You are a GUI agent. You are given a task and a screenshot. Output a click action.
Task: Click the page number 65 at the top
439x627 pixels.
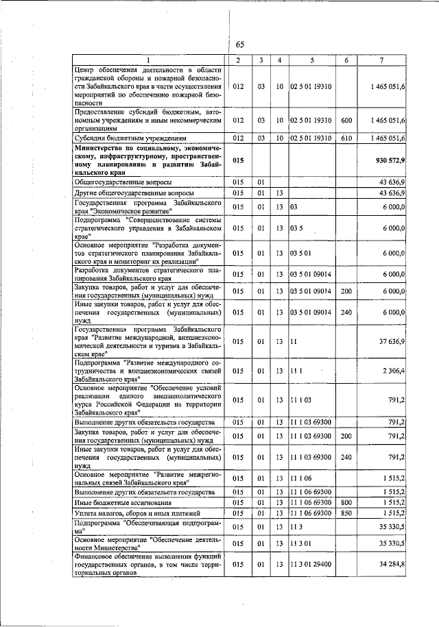tap(240, 45)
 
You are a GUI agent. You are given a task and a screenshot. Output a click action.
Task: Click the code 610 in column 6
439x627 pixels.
tap(346, 138)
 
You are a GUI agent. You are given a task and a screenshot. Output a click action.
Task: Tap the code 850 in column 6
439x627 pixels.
tap(346, 513)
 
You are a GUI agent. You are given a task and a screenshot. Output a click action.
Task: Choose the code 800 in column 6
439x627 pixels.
tap(346, 502)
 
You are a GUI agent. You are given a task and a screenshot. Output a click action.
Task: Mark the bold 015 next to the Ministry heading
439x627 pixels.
tap(238, 160)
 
